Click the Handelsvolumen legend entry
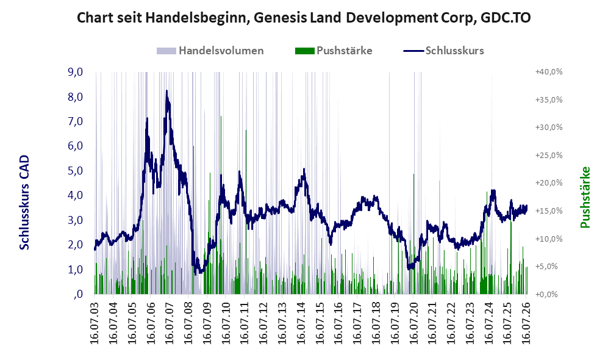coord(210,51)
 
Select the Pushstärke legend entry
coord(334,51)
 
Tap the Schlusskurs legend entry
coord(443,51)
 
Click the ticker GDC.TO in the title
coord(506,18)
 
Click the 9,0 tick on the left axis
coord(75,72)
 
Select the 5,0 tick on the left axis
coord(75,171)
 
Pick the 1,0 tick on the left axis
coord(75,269)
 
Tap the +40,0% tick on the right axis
coord(549,72)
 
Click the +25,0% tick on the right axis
coord(549,155)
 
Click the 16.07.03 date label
coord(95,320)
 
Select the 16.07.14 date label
coord(301,320)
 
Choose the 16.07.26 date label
coord(526,320)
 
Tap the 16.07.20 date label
coord(413,320)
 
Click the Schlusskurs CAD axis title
coord(24,202)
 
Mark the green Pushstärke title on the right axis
coord(585,197)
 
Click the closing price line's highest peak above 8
coord(166,91)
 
